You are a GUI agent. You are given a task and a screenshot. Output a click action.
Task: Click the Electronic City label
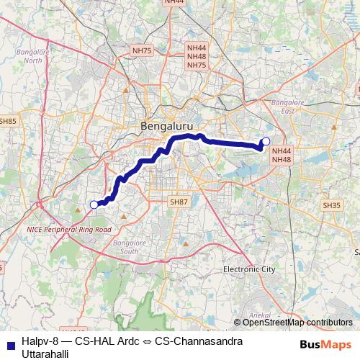(x=249, y=269)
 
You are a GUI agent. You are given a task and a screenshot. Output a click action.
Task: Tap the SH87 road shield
(x=178, y=202)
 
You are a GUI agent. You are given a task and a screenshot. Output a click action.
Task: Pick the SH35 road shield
(x=332, y=205)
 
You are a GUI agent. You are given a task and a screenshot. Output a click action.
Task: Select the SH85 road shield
(x=8, y=122)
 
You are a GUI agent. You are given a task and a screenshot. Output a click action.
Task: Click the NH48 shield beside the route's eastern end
(x=281, y=158)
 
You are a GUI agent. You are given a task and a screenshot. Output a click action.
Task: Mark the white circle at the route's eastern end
(x=266, y=141)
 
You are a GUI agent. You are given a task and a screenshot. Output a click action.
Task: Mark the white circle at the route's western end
(x=94, y=204)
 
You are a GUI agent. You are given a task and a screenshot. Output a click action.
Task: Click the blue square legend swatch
(x=10, y=345)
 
